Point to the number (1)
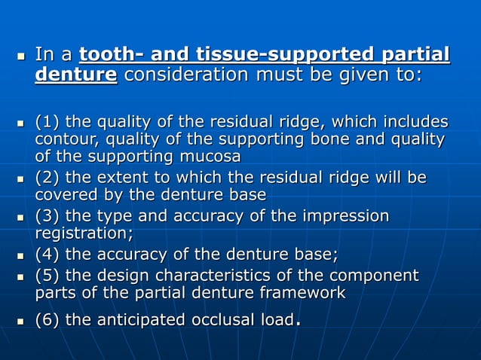(48, 122)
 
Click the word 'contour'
(63, 139)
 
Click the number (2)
(48, 178)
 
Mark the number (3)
(48, 217)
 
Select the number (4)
(48, 255)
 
